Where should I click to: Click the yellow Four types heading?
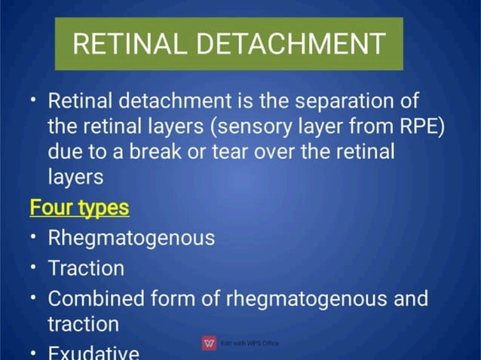(x=80, y=207)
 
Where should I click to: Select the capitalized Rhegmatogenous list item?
(x=131, y=238)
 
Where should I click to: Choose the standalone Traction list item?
(x=86, y=267)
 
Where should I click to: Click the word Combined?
(x=97, y=297)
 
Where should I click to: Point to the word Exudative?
(x=93, y=352)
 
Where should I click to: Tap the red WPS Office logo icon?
(x=210, y=343)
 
